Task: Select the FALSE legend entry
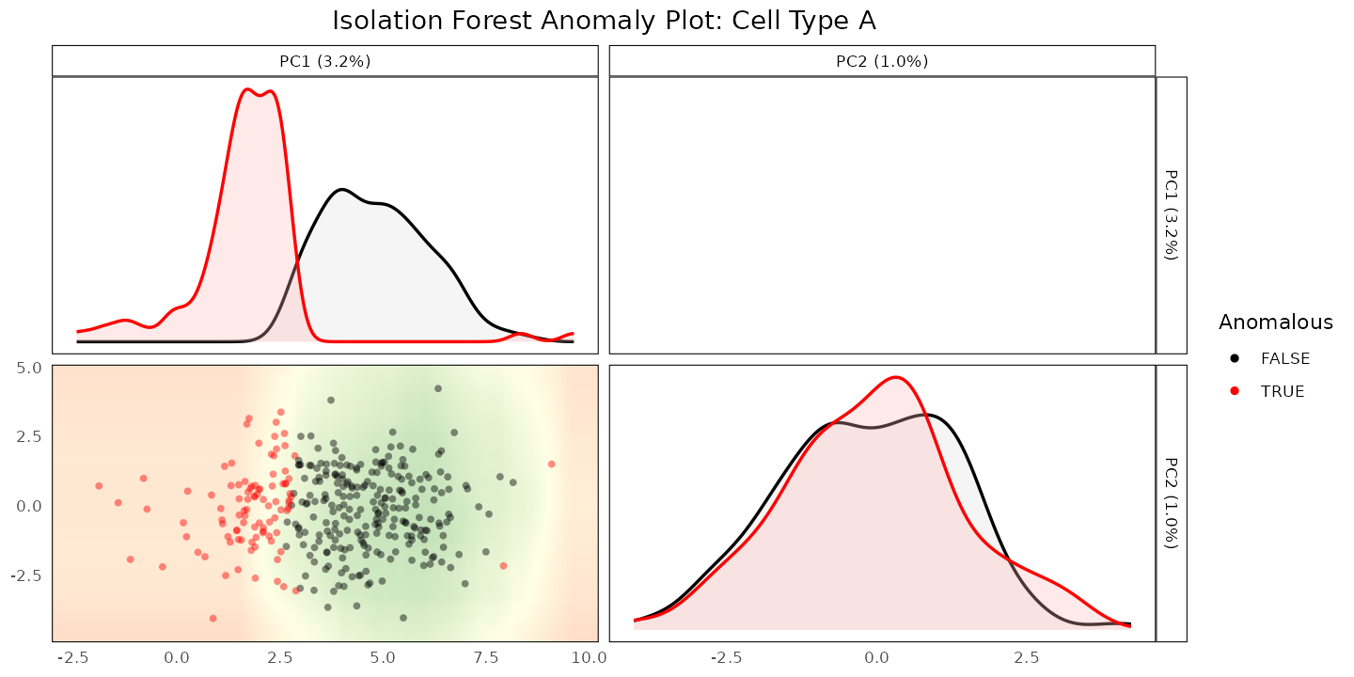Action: pyautogui.click(x=1269, y=358)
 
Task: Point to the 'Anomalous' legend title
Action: pyautogui.click(x=1275, y=323)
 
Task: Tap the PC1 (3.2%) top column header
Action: pyautogui.click(x=325, y=61)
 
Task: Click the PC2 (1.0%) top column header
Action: pyautogui.click(x=882, y=61)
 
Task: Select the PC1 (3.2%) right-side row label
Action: pyautogui.click(x=1172, y=215)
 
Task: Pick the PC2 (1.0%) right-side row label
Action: pyautogui.click(x=1172, y=503)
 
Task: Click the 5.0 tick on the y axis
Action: pyautogui.click(x=29, y=368)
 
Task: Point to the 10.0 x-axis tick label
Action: pyautogui.click(x=589, y=657)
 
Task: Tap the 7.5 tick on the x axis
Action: pyautogui.click(x=486, y=657)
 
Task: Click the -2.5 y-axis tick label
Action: pyautogui.click(x=26, y=575)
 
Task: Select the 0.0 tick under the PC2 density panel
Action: pyautogui.click(x=876, y=657)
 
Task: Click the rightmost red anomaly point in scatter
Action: pyautogui.click(x=551, y=464)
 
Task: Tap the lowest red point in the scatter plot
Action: pyautogui.click(x=213, y=619)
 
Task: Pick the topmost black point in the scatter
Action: pyautogui.click(x=438, y=388)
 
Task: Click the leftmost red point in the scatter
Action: pyautogui.click(x=99, y=486)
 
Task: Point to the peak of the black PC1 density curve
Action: pyautogui.click(x=342, y=190)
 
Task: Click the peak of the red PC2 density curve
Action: pyautogui.click(x=895, y=378)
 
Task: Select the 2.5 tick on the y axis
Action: pyautogui.click(x=29, y=436)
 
